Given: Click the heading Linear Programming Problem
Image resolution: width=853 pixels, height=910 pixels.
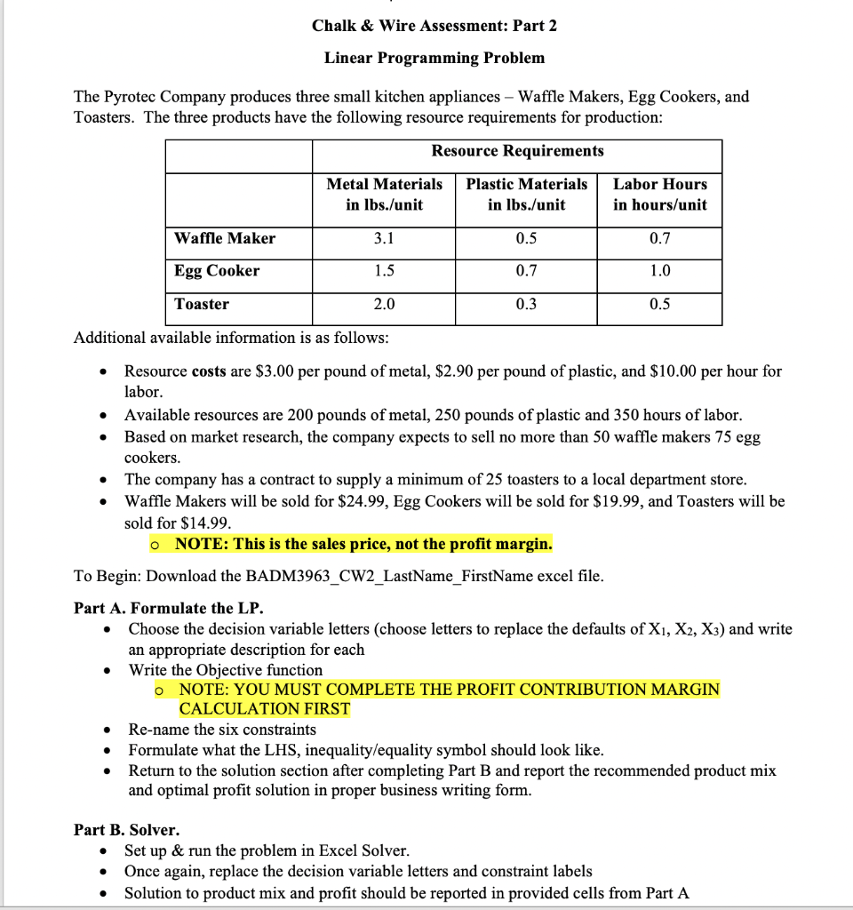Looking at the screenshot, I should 434,58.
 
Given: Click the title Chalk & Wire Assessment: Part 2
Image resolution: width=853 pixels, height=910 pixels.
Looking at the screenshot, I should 434,26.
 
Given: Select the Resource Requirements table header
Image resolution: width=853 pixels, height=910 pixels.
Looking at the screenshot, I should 517,151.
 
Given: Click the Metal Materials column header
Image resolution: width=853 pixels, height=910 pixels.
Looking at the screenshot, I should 384,194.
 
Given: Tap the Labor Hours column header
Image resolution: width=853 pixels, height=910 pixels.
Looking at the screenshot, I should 660,194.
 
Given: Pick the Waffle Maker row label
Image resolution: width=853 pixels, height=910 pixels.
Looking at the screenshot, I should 225,238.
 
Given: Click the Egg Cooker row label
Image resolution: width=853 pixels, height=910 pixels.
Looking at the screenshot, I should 217,271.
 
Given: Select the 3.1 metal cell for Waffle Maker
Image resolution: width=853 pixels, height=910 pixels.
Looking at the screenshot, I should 384,238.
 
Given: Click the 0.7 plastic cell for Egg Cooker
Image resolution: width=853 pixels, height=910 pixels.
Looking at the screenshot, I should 526,271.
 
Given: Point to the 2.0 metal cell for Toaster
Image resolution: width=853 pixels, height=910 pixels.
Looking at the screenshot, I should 384,304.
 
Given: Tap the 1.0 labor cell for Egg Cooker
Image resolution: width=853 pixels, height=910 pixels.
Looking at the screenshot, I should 660,271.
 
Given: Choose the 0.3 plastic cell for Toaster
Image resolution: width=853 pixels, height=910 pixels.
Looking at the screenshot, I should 526,304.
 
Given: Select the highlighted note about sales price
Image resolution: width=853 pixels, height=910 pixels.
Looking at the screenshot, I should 363,543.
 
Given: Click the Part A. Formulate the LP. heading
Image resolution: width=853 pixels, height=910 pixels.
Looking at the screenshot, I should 169,608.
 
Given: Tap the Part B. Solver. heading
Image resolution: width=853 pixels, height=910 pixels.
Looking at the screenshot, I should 126,830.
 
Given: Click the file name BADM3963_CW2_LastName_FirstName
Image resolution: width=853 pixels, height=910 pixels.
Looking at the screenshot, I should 373,576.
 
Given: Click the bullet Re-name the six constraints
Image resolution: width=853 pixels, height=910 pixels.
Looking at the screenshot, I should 222,730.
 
